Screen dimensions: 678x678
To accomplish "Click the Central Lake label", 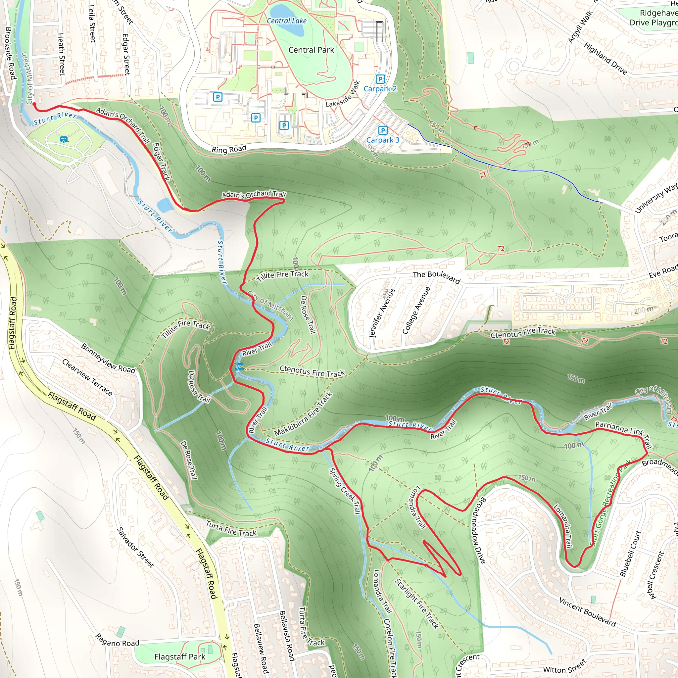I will (286, 21).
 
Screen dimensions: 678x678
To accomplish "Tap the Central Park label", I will (311, 50).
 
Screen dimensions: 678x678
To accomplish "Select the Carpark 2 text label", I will (380, 89).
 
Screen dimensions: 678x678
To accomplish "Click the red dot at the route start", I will (34, 104).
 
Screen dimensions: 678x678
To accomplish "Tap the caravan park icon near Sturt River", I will (64, 140).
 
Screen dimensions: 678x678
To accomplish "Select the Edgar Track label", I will (162, 162).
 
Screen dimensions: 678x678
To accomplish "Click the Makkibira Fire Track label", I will (303, 414).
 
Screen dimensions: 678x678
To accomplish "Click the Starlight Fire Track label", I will (416, 603).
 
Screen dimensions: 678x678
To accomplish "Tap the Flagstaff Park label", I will (180, 656).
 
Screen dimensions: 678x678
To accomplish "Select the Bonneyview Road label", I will (108, 358).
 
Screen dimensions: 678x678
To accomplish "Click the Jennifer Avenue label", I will (382, 313).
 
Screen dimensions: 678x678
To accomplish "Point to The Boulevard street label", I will (436, 277).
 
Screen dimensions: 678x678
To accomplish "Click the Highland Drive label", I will (605, 58).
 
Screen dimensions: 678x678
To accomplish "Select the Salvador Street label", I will (135, 547).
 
